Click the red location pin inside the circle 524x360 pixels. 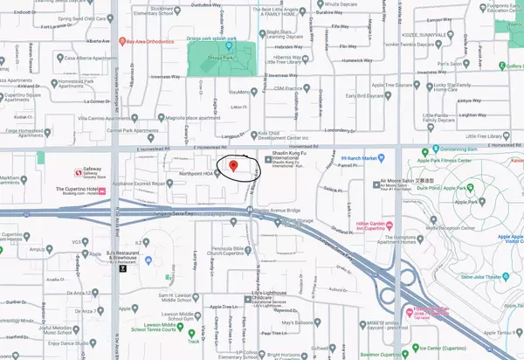tap(232, 165)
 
